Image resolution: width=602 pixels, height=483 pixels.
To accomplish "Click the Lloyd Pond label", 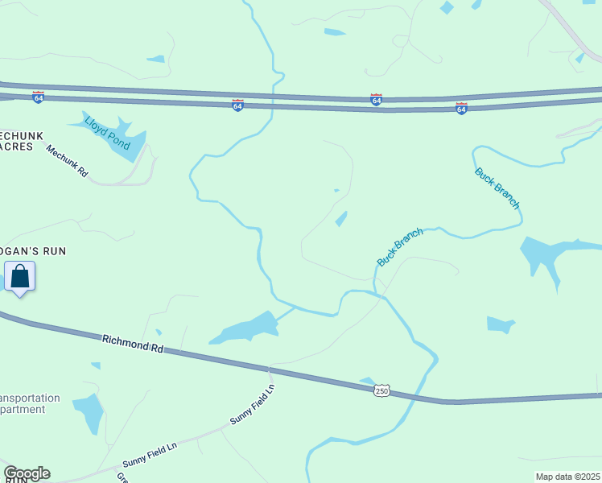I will (108, 132).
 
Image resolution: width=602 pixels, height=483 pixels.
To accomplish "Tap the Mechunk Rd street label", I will (66, 161).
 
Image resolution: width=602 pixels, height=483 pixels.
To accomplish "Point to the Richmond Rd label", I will (133, 345).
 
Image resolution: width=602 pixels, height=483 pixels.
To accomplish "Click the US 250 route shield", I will (382, 390).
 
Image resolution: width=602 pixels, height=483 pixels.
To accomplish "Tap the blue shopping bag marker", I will (19, 278).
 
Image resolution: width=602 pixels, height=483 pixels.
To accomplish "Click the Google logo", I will (27, 473).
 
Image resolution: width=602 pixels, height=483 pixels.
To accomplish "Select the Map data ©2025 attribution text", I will (567, 477).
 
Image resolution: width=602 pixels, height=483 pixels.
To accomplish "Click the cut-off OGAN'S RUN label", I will (33, 251).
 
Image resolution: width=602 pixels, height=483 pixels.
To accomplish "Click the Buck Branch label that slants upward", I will (400, 247).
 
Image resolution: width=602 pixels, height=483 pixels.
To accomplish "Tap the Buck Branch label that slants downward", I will (497, 188).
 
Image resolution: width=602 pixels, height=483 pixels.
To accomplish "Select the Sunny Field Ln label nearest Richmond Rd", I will (253, 404).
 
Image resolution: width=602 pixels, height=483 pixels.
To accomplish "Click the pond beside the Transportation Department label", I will (89, 412).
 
